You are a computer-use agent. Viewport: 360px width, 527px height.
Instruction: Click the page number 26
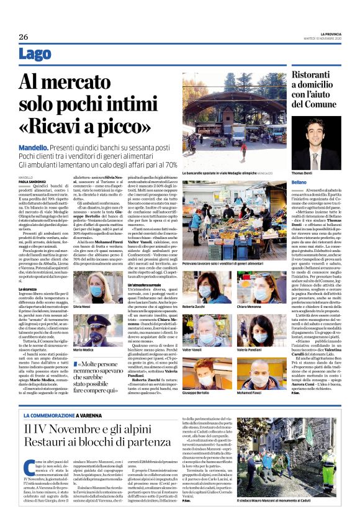[x=24, y=37]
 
